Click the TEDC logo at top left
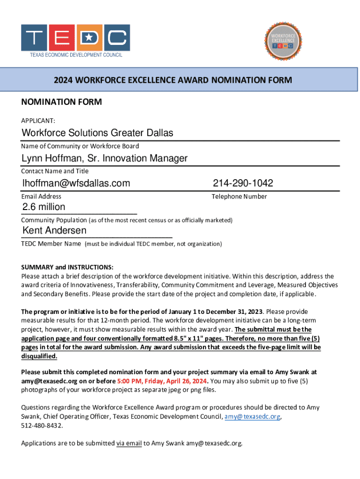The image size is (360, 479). [x=75, y=40]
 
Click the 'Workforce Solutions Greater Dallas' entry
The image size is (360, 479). [x=97, y=133]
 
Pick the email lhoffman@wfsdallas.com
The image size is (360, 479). [x=76, y=183]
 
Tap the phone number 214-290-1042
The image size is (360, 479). [x=243, y=183]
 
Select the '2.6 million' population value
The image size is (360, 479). [x=44, y=207]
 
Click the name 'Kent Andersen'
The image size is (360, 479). [x=54, y=231]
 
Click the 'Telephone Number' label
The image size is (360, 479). [x=239, y=196]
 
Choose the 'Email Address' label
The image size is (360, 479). [x=41, y=196]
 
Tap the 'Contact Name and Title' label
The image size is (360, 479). [x=55, y=171]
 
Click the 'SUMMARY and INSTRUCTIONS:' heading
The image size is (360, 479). [x=67, y=268]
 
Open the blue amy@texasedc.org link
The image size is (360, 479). [x=253, y=416]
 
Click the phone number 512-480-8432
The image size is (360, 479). [x=41, y=426]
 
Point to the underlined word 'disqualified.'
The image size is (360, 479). [x=39, y=356]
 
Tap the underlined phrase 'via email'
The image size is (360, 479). [x=129, y=443]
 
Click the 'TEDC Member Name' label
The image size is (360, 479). [x=51, y=244]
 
